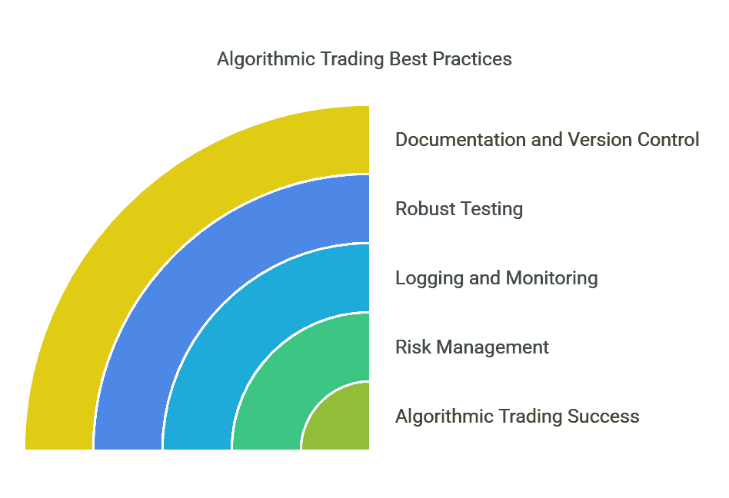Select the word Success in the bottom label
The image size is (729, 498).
(604, 417)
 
